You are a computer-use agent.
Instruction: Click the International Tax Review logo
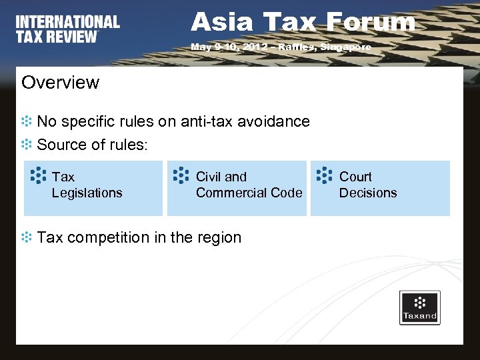click(x=68, y=29)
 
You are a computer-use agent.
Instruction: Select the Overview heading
click(x=60, y=83)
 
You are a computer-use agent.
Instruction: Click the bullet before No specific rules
click(x=27, y=122)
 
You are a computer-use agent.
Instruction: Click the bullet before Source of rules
click(x=27, y=144)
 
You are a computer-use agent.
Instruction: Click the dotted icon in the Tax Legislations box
click(x=39, y=175)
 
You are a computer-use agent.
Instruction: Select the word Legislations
click(x=87, y=193)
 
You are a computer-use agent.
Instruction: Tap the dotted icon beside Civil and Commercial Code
click(x=181, y=175)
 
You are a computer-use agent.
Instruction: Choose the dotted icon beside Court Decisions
click(x=323, y=175)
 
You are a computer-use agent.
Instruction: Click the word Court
click(x=355, y=177)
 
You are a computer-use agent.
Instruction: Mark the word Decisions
click(x=367, y=193)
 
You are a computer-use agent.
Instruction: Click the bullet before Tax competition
click(x=27, y=237)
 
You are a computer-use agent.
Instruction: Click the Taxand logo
click(x=419, y=307)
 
